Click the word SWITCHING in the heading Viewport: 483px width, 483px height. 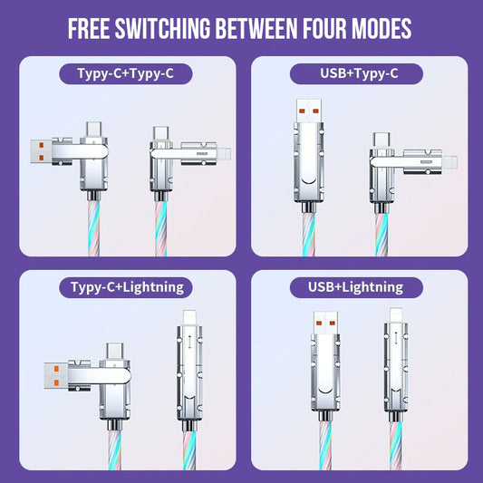point(162,28)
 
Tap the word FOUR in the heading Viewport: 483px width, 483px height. point(324,28)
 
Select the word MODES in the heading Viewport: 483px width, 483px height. point(382,28)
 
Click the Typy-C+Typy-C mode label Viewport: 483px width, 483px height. point(126,73)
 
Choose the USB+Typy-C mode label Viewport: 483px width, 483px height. point(356,73)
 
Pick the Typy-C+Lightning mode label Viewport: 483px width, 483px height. point(126,287)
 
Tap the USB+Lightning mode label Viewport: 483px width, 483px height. point(356,287)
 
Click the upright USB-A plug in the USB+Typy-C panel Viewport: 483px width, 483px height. point(309,111)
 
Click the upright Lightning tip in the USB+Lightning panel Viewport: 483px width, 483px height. point(396,315)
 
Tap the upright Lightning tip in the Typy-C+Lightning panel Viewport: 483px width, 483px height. point(189,318)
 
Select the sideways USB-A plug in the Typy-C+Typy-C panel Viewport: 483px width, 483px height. point(41,151)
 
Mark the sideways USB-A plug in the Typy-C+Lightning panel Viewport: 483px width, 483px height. point(56,375)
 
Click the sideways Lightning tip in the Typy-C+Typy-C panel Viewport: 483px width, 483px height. point(224,154)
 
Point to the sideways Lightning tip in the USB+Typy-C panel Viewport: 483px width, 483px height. point(450,162)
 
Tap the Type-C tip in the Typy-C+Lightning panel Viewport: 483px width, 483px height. point(115,351)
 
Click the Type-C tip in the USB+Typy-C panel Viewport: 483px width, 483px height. point(382,140)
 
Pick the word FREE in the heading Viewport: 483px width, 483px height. point(89,28)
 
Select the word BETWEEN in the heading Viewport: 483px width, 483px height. point(256,28)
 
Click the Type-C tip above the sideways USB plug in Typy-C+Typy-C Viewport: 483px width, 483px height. point(93,130)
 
